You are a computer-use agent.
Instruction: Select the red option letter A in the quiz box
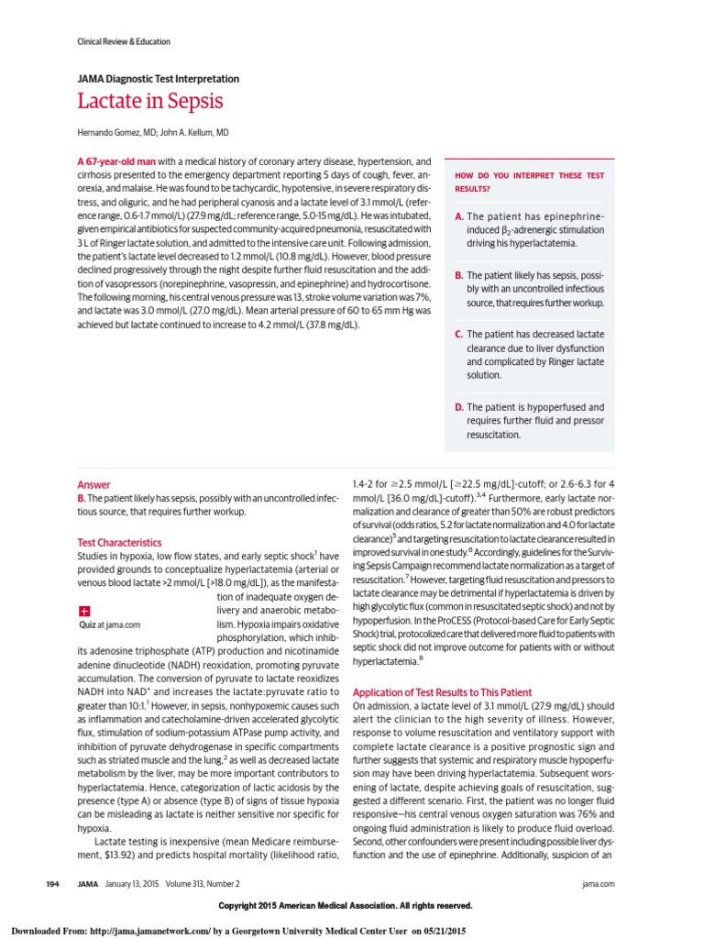(458, 216)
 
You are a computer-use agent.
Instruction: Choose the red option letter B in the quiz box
(458, 275)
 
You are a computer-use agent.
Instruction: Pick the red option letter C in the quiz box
(458, 335)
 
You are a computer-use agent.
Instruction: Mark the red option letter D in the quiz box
(459, 406)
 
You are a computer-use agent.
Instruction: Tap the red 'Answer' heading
(93, 485)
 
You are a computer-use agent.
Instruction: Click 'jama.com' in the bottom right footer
(598, 883)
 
